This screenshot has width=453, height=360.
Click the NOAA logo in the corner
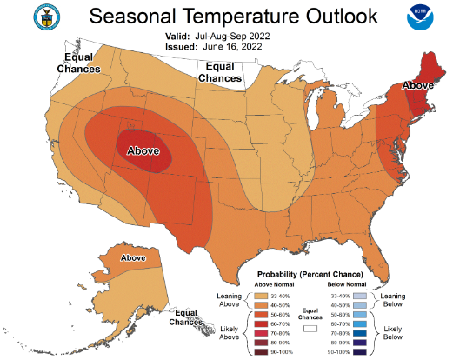(420, 17)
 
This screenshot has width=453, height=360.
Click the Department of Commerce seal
(47, 17)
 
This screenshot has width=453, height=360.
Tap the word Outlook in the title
(342, 16)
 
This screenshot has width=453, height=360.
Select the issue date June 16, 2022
(232, 47)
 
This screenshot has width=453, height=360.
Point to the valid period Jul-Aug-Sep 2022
(232, 37)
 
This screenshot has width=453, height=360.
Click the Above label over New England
(417, 85)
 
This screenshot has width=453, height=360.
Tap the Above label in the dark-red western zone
(143, 150)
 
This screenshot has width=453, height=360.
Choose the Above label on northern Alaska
(133, 257)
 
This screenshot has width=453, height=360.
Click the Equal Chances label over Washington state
(78, 63)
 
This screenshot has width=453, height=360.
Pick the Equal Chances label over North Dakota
(220, 72)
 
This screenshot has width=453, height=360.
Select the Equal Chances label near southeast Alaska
(186, 317)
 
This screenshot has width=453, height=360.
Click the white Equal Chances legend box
(310, 329)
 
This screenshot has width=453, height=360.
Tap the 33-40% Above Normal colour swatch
(261, 296)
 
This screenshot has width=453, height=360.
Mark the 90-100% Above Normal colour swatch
(261, 352)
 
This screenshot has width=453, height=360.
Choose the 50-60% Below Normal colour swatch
(360, 315)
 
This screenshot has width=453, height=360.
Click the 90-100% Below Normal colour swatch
(360, 352)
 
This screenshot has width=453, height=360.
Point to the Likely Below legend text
(393, 333)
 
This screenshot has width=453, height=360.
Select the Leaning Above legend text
(230, 300)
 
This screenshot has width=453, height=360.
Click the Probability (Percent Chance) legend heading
(310, 274)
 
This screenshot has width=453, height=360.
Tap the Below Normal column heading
(347, 284)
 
